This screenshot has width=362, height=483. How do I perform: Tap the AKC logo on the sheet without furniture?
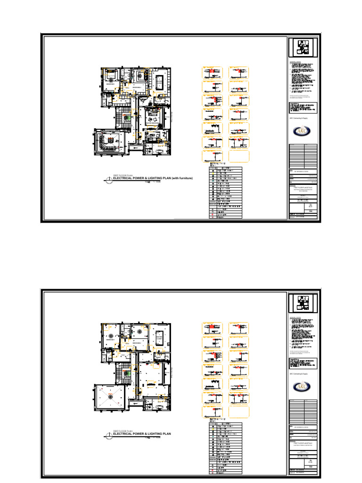(x=303, y=387)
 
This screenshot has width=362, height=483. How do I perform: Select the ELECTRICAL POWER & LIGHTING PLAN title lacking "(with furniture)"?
(x=142, y=434)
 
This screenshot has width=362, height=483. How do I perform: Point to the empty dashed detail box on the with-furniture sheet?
(x=239, y=156)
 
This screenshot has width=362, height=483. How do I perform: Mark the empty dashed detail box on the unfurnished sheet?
(x=239, y=412)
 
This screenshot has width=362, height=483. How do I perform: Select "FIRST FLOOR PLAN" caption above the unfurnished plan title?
(x=122, y=431)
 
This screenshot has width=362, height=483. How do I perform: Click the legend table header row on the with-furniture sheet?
(x=226, y=168)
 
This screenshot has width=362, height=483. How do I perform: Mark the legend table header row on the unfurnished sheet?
(x=226, y=424)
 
